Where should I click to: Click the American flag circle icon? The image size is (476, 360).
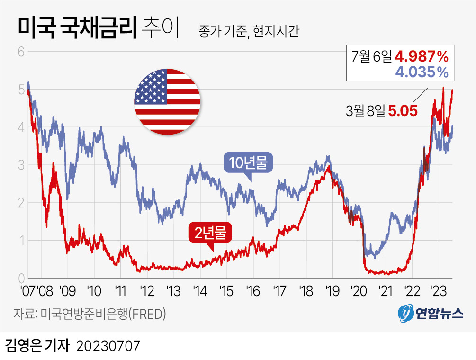click(x=167, y=102)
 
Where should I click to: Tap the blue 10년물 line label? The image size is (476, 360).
click(x=248, y=163)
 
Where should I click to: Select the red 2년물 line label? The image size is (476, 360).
click(x=210, y=233)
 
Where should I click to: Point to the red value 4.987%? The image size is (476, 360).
click(x=422, y=56)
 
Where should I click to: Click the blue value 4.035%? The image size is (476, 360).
click(x=422, y=72)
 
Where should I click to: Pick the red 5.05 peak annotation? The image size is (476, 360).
click(x=403, y=111)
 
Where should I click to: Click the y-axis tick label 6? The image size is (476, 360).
click(x=21, y=52)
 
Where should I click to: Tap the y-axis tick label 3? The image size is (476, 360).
click(x=21, y=165)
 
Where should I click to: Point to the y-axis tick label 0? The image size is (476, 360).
click(x=21, y=279)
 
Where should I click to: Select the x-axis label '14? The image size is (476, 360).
click(x=200, y=291)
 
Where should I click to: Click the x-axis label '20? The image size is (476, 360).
click(x=359, y=291)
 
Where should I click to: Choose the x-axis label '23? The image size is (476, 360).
click(x=439, y=291)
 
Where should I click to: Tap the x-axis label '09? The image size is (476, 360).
click(x=68, y=291)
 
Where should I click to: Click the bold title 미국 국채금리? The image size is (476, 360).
click(x=77, y=27)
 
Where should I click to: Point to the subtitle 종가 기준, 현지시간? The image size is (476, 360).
click(x=249, y=31)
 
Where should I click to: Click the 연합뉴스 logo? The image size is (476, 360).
click(x=431, y=313)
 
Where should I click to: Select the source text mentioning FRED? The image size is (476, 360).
click(x=90, y=314)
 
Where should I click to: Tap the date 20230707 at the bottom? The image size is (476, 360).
click(x=108, y=346)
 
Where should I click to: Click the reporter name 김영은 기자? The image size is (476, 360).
click(x=37, y=346)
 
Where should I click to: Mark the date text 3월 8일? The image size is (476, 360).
click(x=366, y=111)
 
